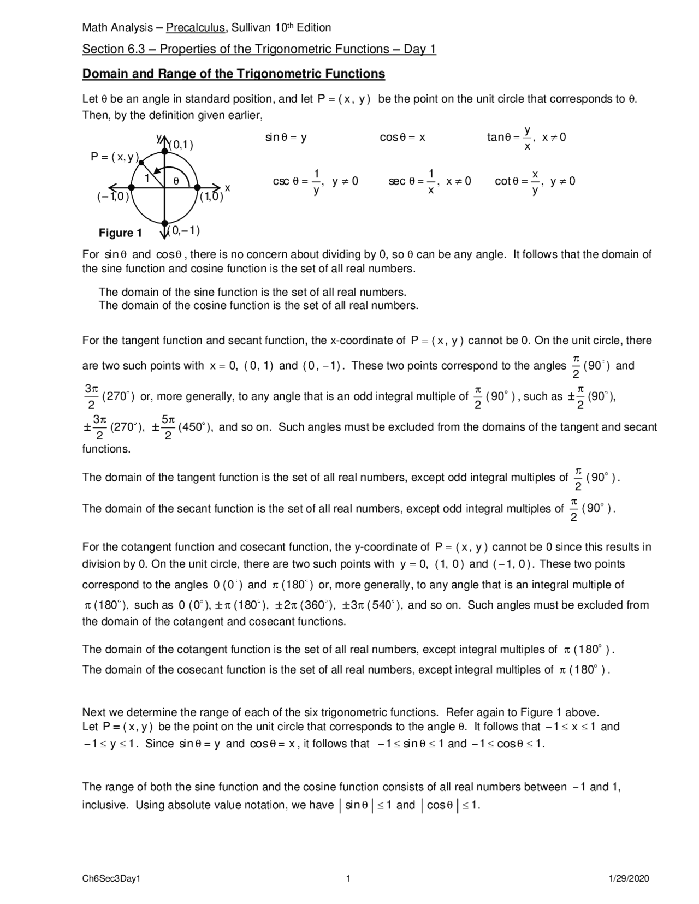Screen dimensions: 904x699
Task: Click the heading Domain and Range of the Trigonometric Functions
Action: point(233,74)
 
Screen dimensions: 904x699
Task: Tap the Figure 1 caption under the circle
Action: point(120,233)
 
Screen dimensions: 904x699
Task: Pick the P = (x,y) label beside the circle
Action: point(115,157)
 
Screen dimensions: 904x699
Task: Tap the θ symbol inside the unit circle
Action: point(176,180)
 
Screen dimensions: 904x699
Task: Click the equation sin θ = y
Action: point(286,138)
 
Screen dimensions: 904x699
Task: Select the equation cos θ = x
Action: point(402,138)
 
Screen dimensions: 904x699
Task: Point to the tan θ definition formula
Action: point(526,138)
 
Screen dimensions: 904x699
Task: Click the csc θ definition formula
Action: point(315,181)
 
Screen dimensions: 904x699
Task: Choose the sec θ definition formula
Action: point(430,181)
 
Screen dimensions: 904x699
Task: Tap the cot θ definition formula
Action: point(535,181)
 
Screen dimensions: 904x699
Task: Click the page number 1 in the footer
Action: point(348,878)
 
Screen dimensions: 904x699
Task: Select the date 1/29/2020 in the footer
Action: point(629,878)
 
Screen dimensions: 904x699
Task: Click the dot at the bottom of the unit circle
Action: point(164,223)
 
